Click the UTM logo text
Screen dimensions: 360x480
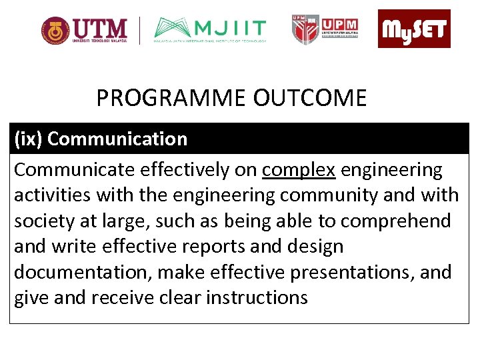point(101,29)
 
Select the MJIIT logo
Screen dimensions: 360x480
point(210,29)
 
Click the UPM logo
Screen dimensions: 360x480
point(325,29)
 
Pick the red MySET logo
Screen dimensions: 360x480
point(414,29)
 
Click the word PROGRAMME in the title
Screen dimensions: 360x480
point(171,99)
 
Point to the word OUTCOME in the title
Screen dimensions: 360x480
point(310,99)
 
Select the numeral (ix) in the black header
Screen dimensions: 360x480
point(29,139)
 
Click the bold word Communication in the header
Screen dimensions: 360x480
point(117,139)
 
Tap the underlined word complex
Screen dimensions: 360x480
point(299,170)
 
